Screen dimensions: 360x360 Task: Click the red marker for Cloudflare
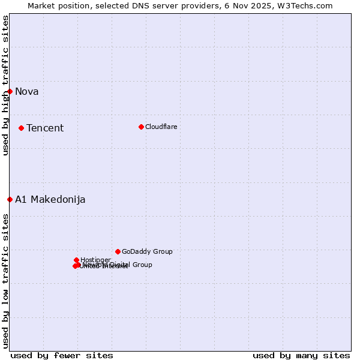[141, 127]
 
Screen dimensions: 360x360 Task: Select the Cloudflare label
[161, 127]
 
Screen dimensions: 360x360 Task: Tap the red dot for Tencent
[21, 128]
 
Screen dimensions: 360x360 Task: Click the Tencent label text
[45, 128]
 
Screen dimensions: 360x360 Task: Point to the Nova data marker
[10, 91]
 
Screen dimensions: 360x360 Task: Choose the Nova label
[27, 91]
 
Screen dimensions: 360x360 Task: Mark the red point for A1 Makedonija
[10, 199]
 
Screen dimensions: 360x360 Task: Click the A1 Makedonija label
[50, 199]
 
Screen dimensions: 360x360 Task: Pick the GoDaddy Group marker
[118, 251]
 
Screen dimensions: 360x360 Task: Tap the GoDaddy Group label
[147, 251]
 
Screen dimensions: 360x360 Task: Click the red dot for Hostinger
[76, 260]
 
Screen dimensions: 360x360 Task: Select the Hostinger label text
[95, 260]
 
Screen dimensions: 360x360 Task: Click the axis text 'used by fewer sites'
[62, 355]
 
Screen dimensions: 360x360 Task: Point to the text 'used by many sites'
[301, 355]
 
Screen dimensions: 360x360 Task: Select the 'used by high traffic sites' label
[5, 85]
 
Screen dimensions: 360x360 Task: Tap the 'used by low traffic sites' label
[5, 280]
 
